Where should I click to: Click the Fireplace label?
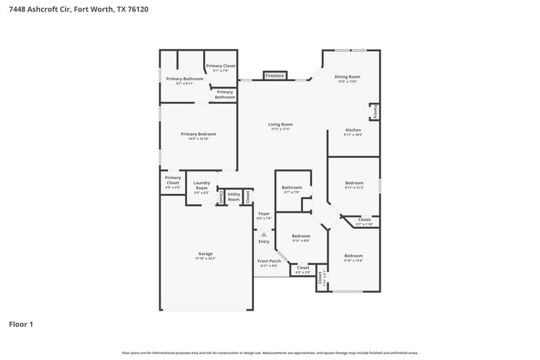point(274,76)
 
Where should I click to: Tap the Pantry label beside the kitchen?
point(375,111)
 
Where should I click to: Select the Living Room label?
point(280,124)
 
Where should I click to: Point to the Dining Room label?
point(348,77)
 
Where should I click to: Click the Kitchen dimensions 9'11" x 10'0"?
point(353,135)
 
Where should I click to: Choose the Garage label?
point(205,254)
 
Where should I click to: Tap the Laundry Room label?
point(201,185)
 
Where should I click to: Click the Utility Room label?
point(234,197)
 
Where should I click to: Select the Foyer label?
point(264,213)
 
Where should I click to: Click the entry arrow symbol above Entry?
point(264,234)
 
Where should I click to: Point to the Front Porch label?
point(269,261)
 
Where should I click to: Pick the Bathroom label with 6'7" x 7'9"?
point(292,188)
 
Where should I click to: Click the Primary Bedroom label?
point(198,134)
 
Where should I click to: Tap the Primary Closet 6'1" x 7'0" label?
point(221,66)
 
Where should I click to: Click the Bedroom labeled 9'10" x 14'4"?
point(353,256)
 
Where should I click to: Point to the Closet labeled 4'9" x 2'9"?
point(301,268)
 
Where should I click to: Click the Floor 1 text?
point(21,324)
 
